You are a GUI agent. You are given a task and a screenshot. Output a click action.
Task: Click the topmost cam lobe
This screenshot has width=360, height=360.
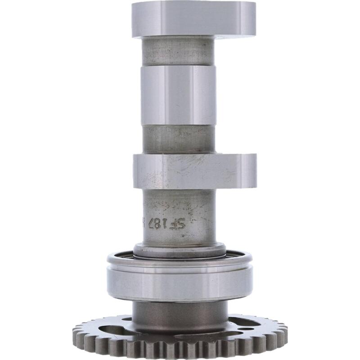(x=193, y=19)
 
